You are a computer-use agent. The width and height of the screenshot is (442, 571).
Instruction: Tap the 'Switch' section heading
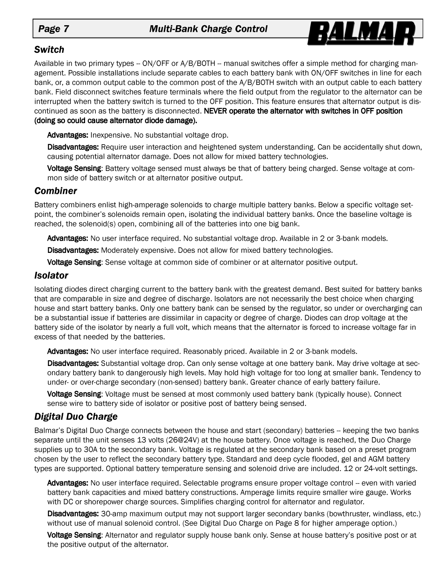tap(49, 50)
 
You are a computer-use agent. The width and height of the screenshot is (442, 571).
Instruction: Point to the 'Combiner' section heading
tap(55, 191)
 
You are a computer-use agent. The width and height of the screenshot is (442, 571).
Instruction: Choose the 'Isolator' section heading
tap(51, 275)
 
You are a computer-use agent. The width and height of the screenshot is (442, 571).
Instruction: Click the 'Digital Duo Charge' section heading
tap(76, 416)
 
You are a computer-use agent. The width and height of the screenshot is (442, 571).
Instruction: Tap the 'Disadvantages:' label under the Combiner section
tap(73, 250)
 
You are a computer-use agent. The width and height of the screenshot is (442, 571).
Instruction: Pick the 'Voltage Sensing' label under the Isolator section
tap(74, 394)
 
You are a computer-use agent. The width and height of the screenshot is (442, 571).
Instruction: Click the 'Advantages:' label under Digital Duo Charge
tap(68, 483)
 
